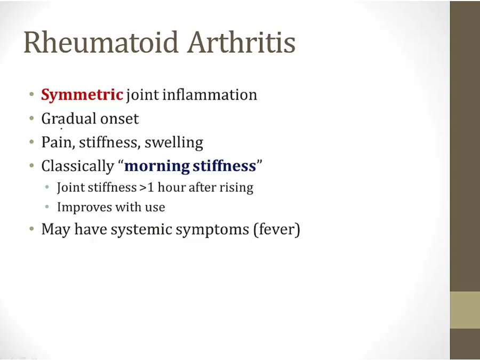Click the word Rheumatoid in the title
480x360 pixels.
pos(101,42)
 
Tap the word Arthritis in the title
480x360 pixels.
pos(242,42)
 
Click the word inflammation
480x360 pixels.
pos(210,94)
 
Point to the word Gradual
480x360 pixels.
pos(69,119)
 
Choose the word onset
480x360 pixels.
pos(119,119)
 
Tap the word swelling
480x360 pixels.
pos(174,142)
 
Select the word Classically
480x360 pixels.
pos(77,166)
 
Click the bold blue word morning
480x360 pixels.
pos(157,166)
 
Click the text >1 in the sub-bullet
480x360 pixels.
pos(147,187)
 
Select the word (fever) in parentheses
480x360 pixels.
pos(277,229)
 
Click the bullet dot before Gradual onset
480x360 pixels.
pos(31,118)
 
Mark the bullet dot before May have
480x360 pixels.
pos(31,229)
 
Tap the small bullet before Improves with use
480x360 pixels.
pos(47,207)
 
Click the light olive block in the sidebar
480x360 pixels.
pos(465,310)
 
